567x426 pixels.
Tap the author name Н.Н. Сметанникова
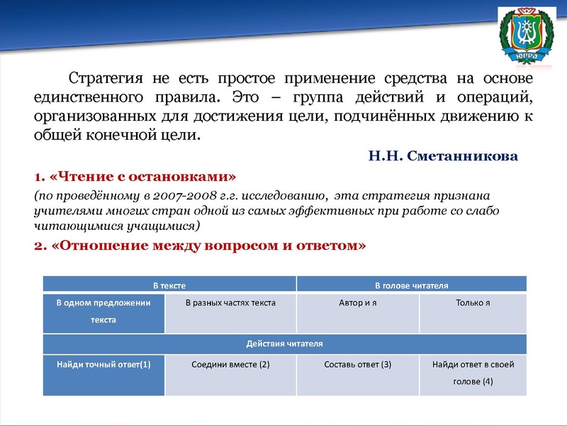[443, 155]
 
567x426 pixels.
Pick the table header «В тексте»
[169, 285]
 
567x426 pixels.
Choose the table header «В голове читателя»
[411, 285]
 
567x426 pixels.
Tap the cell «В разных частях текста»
[230, 303]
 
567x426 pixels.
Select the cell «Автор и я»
[358, 303]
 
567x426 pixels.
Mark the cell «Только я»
[473, 303]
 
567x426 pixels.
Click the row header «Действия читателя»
[284, 344]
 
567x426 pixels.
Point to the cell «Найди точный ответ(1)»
[103, 364]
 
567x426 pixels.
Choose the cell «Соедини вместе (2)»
[230, 364]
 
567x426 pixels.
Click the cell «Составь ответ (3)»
[358, 364]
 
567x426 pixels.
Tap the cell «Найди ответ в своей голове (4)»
[473, 373]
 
